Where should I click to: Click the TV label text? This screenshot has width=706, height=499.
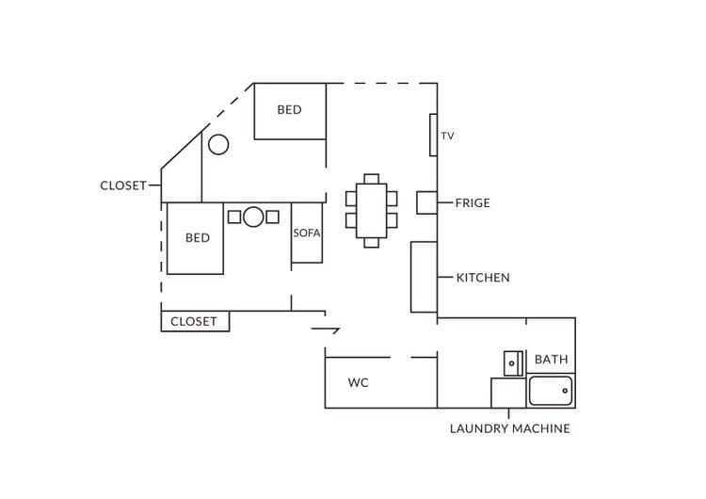click(447, 136)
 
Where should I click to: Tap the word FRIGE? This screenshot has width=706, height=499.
click(473, 203)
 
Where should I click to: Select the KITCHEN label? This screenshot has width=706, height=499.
click(483, 278)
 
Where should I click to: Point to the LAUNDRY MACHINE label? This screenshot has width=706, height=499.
click(509, 428)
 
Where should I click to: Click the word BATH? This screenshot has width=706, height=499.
click(551, 360)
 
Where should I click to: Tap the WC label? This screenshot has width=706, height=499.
click(358, 383)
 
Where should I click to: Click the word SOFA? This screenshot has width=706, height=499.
click(307, 233)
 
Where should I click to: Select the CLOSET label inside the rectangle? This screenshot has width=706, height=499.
click(194, 322)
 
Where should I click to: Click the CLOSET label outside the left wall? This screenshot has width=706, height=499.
click(123, 185)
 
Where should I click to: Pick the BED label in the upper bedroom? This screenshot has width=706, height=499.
click(289, 110)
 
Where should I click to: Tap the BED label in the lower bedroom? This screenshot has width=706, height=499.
click(198, 238)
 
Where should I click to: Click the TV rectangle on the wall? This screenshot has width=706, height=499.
click(433, 136)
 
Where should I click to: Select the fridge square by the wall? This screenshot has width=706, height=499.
click(426, 202)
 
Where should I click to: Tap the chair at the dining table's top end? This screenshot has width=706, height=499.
click(372, 179)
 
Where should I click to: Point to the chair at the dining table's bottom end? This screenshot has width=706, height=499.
click(372, 243)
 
